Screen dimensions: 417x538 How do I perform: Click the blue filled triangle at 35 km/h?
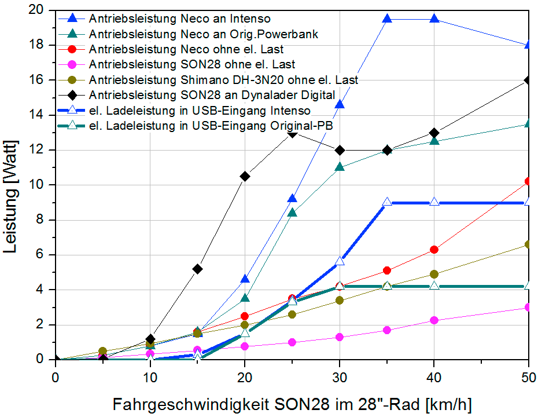(387, 19)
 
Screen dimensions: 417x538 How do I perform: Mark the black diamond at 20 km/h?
(245, 176)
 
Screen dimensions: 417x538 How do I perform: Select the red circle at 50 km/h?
(528, 181)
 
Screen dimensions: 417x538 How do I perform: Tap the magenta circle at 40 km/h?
(434, 320)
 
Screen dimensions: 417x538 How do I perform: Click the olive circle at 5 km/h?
(103, 351)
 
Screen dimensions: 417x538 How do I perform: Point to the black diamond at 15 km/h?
(197, 269)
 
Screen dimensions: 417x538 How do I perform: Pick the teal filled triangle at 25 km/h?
(292, 213)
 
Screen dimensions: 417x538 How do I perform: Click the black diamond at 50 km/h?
(528, 80)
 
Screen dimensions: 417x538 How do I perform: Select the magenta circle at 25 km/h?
(292, 342)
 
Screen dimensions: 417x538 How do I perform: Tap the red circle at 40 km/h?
(434, 250)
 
